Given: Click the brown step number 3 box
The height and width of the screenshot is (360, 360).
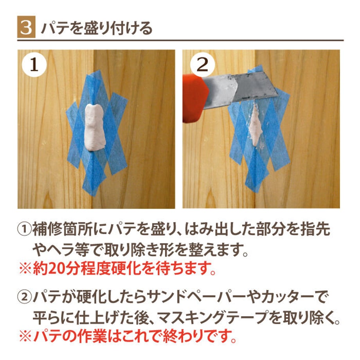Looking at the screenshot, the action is tap(26, 27).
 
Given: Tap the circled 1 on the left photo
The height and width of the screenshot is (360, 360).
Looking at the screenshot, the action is tap(34, 65).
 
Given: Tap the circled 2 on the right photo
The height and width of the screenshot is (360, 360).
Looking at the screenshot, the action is tap(202, 65).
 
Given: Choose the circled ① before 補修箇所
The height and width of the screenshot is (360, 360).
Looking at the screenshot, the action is tap(25, 229).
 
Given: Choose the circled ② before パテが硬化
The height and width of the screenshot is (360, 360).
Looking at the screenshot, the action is tap(25, 297).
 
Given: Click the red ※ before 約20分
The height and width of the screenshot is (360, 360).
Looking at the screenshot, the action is tap(25, 268).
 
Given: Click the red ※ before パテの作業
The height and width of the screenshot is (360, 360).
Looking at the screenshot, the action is tap(25, 337).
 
